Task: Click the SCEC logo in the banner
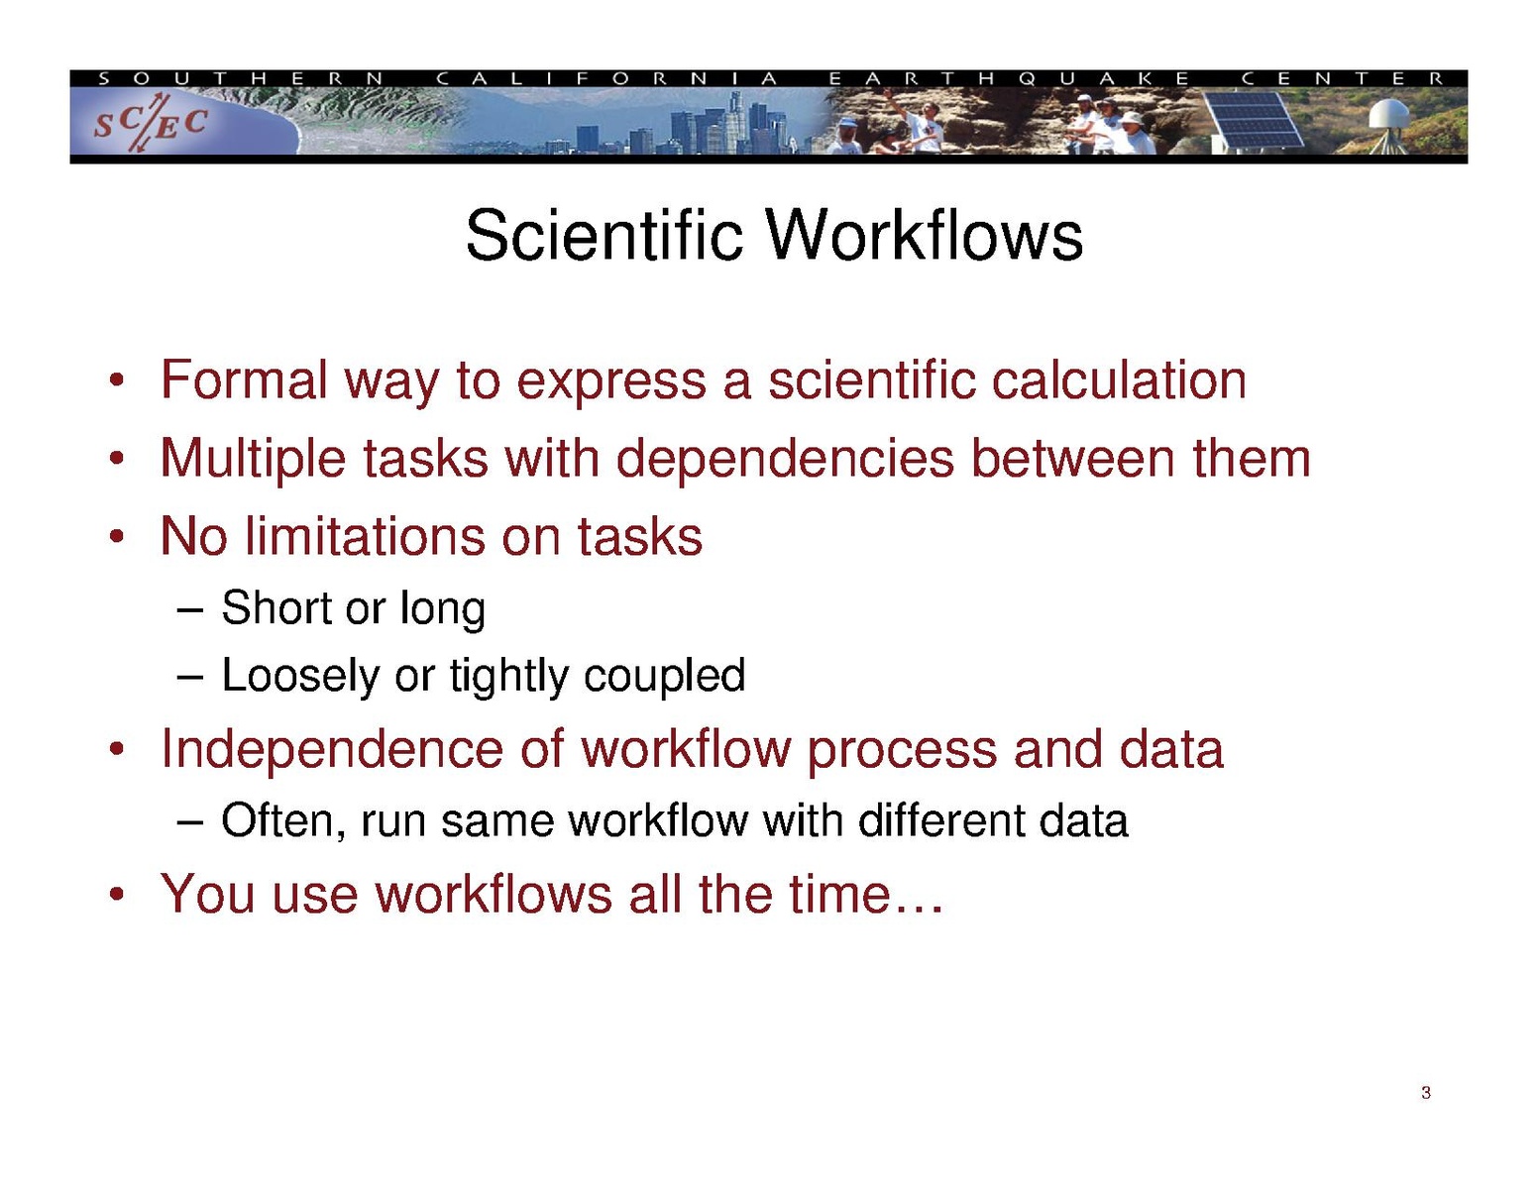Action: click(x=151, y=123)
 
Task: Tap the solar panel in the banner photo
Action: click(x=1255, y=120)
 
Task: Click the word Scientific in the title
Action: click(x=604, y=235)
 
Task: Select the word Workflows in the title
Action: click(x=925, y=235)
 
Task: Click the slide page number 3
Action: click(x=1425, y=1093)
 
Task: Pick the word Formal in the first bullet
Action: click(x=244, y=380)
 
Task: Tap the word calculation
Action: click(x=1119, y=380)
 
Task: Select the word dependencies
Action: click(x=785, y=459)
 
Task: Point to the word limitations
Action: click(x=366, y=536)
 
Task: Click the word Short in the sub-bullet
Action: click(x=276, y=607)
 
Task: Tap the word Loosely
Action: click(x=301, y=676)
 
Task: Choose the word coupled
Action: click(x=665, y=676)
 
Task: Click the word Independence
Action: click(x=332, y=750)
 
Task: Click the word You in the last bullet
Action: click(x=207, y=894)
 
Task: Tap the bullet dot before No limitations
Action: click(x=118, y=536)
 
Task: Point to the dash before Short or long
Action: click(x=190, y=610)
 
